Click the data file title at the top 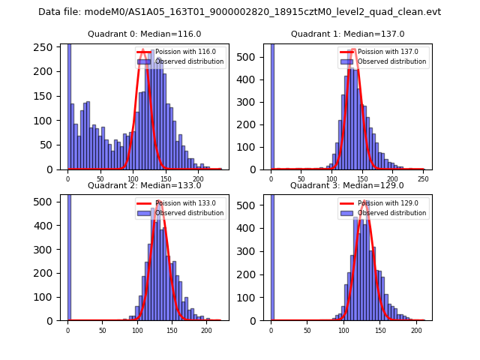[239, 12]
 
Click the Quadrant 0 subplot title [144, 34]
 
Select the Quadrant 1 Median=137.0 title [347, 34]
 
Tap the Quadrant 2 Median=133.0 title [144, 185]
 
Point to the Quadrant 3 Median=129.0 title [347, 185]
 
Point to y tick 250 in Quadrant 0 [49, 47]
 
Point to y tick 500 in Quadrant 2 [49, 202]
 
